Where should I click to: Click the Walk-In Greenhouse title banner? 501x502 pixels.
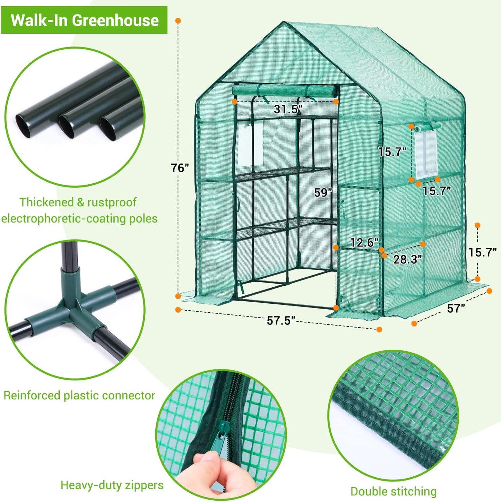[84, 20]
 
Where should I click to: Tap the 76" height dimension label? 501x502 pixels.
[180, 168]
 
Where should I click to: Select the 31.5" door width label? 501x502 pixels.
[288, 110]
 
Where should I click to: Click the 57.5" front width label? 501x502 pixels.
[280, 321]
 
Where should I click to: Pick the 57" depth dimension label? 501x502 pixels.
[456, 308]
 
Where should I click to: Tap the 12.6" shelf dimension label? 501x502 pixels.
[364, 242]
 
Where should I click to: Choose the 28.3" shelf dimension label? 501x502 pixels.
[407, 259]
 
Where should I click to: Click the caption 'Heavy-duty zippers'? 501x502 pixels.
[112, 485]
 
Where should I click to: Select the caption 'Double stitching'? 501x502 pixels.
[393, 491]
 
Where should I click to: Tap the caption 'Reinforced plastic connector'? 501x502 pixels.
[79, 395]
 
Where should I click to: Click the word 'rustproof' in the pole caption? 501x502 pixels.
[112, 202]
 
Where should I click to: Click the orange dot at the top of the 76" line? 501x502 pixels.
[178, 21]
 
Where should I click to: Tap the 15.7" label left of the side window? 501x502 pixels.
[392, 152]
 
